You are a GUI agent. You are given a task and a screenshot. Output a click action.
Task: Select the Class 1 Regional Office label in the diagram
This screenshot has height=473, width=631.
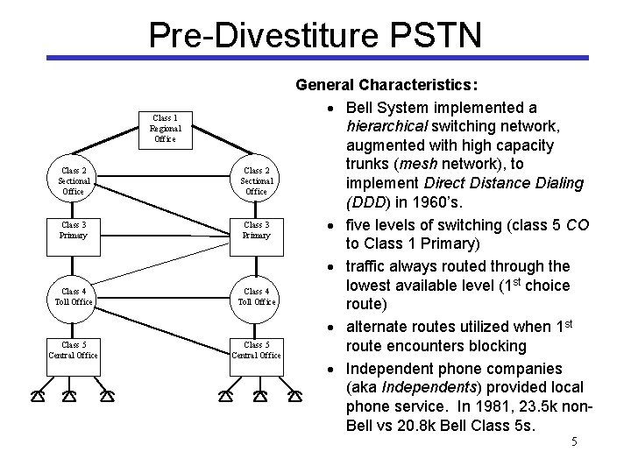[165, 128]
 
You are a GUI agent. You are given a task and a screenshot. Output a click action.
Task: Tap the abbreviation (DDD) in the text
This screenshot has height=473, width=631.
[372, 202]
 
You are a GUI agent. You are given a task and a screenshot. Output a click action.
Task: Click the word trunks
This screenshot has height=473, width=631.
[370, 164]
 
